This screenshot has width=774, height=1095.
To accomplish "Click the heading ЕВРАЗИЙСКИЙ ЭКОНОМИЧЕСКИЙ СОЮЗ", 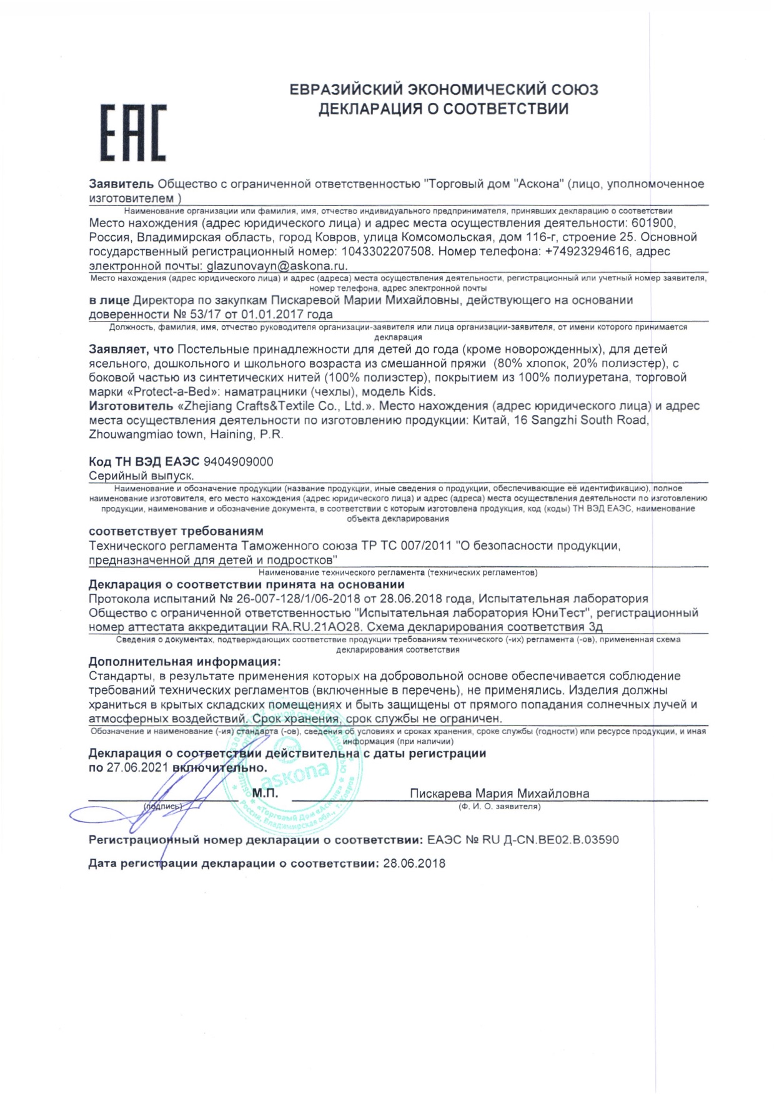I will (444, 90).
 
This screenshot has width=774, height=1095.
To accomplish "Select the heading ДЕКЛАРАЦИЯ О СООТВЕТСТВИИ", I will (444, 109).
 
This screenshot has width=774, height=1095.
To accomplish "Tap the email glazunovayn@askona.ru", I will (277, 265).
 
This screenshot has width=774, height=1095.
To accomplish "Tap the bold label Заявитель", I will (121, 184).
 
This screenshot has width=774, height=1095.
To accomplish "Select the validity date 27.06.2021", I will (137, 767).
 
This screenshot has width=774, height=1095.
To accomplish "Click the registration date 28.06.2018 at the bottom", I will (414, 863).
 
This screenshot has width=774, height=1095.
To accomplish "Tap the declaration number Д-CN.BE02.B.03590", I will (555, 840).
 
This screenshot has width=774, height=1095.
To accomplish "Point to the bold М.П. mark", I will (265, 793).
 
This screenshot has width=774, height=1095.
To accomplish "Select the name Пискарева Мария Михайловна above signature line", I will (499, 793).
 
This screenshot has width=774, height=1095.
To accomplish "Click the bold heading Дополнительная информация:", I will (184, 662).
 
